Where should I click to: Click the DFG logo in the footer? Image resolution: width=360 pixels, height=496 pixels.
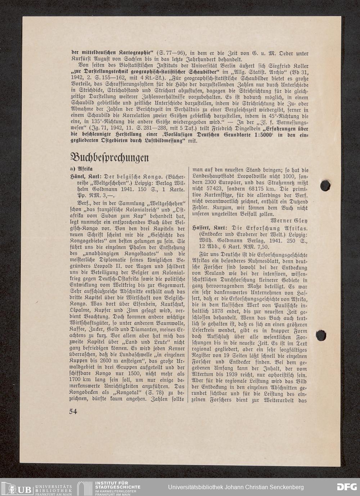click(346, 487)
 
